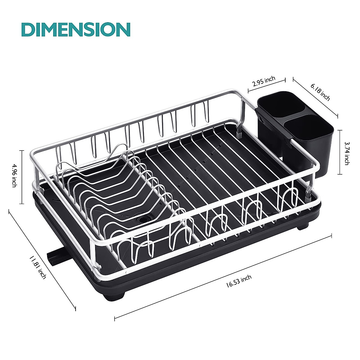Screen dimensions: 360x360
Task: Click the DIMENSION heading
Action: pos(76,29)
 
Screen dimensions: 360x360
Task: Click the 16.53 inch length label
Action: pos(239,281)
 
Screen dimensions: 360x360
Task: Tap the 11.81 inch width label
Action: pos(37,267)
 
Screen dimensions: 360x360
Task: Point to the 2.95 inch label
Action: pos(264,81)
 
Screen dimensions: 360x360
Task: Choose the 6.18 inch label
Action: pos(320,92)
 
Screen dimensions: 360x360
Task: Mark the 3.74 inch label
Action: pos(346,153)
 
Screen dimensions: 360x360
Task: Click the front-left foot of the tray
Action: pos(113,296)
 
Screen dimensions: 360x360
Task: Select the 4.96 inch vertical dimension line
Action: pos(22,177)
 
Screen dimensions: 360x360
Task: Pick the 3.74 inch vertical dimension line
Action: pos(340,152)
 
